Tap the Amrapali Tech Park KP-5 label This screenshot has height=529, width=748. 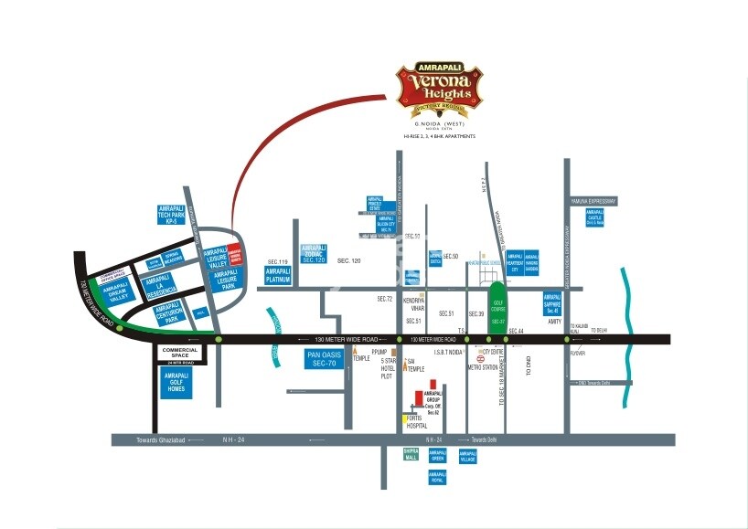171,215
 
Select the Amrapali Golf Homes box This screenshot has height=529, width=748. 174,383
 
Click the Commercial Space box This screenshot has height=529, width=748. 180,353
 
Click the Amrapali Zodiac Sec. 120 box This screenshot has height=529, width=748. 314,254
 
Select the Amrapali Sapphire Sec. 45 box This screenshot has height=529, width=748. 551,302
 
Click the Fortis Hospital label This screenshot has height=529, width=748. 417,422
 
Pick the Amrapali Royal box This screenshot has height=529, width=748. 437,477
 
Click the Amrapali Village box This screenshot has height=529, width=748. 468,456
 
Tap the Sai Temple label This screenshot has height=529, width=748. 417,365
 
